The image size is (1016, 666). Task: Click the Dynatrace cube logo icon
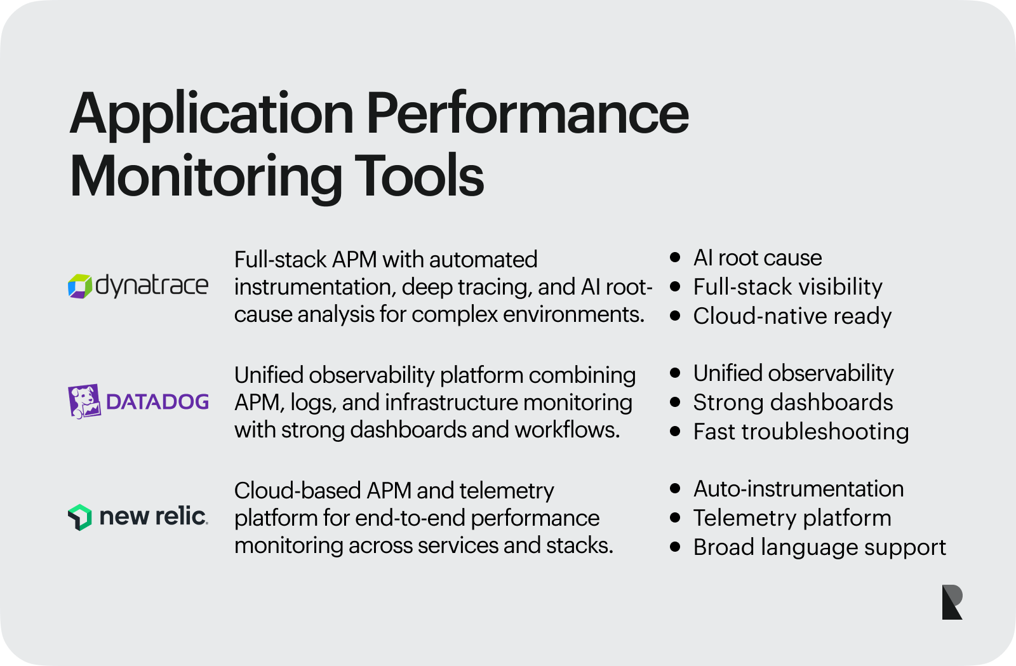tap(80, 286)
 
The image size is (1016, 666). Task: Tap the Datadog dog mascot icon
tap(84, 401)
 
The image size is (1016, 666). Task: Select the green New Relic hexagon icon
tap(80, 517)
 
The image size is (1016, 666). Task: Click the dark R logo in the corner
tap(952, 602)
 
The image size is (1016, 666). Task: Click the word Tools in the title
tap(419, 175)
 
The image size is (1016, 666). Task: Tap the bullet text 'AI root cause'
tap(758, 258)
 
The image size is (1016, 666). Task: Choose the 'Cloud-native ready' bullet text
tap(792, 316)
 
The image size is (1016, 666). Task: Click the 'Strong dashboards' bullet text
tap(793, 402)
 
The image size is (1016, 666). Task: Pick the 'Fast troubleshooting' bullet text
tap(801, 432)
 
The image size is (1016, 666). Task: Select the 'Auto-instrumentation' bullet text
tap(799, 489)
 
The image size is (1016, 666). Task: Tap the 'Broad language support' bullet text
tap(820, 547)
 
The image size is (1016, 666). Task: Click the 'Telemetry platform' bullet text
tap(792, 518)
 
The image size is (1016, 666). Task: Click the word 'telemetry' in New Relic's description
tap(507, 491)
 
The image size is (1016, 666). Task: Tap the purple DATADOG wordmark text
tap(157, 402)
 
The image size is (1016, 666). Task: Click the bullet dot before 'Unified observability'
tap(675, 373)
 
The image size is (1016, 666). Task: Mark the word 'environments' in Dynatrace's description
tap(574, 314)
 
